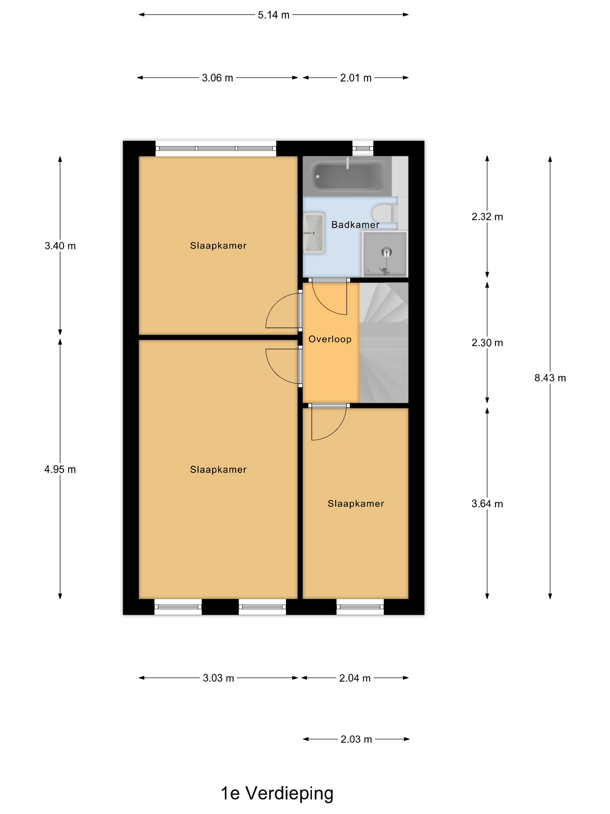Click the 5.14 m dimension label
click(273, 15)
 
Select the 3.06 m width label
click(217, 78)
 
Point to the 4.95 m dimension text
click(60, 470)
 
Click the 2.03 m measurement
click(356, 739)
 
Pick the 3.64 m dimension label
click(487, 504)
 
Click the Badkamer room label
click(355, 225)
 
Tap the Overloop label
click(330, 339)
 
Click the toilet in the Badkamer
click(385, 213)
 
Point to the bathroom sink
click(314, 233)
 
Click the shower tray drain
click(386, 252)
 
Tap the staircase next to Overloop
click(383, 342)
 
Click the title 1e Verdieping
click(277, 793)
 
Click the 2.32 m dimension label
click(487, 217)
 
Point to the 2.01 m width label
click(356, 78)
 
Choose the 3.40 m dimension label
click(60, 246)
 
